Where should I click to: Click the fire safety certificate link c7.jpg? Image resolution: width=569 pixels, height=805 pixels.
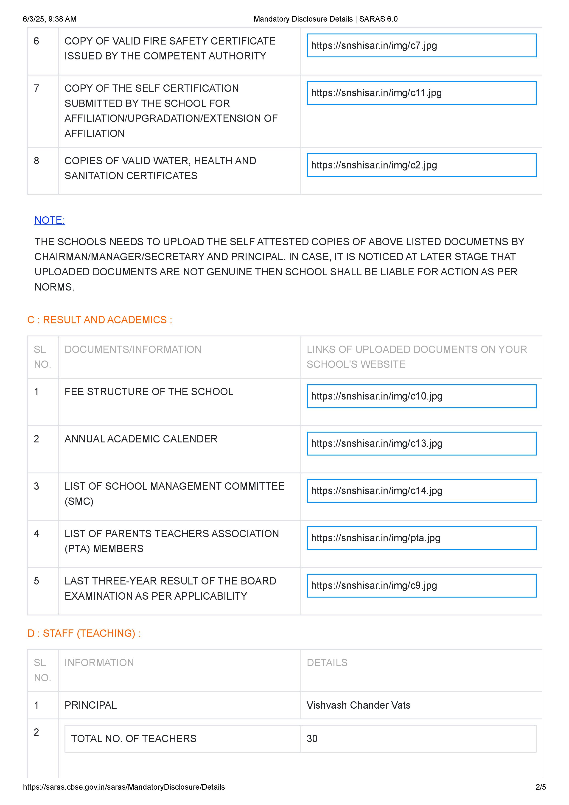[374, 46]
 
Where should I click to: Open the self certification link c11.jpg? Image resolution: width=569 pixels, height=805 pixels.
[376, 93]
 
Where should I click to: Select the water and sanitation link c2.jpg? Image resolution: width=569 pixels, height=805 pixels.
[374, 165]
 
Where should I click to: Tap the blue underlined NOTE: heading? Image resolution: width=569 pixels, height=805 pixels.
[50, 220]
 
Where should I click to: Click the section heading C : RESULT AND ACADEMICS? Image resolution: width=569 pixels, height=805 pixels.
[100, 320]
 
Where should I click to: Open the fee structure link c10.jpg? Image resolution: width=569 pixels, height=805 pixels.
[376, 396]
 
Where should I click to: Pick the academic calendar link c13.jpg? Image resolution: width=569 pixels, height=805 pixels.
[376, 444]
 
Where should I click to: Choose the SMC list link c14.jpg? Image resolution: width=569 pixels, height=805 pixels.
[376, 491]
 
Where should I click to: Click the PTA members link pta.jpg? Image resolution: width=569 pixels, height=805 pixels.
[376, 538]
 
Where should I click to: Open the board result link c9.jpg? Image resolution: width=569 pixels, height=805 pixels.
[374, 586]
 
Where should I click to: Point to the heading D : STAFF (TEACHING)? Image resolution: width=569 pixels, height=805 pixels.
[84, 633]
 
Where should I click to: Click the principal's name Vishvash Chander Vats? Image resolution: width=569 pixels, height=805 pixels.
[358, 705]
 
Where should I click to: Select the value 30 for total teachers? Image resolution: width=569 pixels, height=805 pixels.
[312, 739]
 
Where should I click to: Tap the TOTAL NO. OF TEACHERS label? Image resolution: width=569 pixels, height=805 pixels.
[134, 739]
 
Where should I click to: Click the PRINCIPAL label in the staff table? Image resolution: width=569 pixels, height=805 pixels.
[90, 705]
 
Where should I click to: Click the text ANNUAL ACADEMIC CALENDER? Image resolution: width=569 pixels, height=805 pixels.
[141, 439]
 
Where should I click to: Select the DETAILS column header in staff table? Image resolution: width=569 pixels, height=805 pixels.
[327, 663]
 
